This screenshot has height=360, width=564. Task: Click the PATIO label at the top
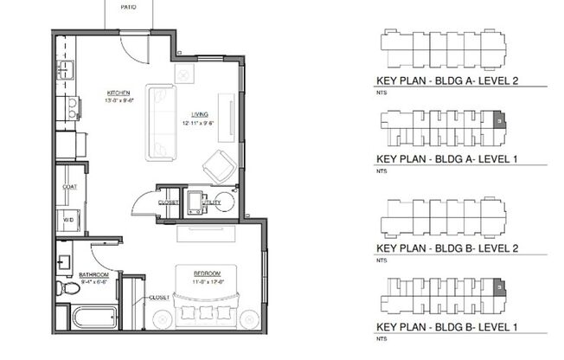[x=129, y=3]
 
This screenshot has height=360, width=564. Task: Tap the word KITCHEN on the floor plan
[x=119, y=93]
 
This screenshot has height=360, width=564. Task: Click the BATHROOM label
[x=93, y=275]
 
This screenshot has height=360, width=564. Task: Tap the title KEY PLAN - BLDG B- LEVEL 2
[x=451, y=248]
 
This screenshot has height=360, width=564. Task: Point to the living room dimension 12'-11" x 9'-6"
[x=198, y=124]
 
